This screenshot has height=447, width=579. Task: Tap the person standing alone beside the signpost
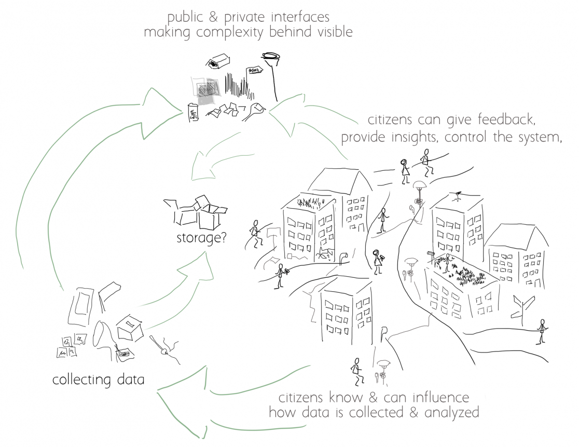543,331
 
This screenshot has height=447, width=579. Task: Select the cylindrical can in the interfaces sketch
193,113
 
